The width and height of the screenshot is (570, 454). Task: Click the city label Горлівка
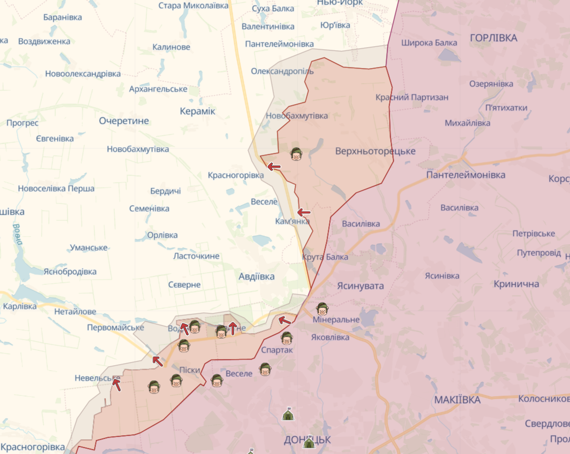tap(493, 38)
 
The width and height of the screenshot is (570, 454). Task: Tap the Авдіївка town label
tap(257, 276)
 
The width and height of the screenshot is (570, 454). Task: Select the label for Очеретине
tap(124, 121)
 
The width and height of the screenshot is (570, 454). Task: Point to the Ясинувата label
tap(360, 286)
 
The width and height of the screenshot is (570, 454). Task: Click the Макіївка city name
tap(457, 400)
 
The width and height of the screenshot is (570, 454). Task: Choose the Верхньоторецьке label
tap(375, 151)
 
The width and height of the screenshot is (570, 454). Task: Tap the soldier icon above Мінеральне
tap(321, 308)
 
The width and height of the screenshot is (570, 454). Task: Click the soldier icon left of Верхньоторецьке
tap(296, 154)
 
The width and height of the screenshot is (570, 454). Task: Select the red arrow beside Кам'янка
tap(304, 212)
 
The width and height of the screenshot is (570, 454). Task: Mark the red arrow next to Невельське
tap(116, 384)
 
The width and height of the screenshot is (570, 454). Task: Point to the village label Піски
tap(190, 370)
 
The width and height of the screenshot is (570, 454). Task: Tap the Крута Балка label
tap(325, 257)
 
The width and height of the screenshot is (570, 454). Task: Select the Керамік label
tap(198, 111)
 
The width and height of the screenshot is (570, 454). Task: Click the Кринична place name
tap(516, 284)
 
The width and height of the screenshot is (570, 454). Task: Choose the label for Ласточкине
tap(197, 256)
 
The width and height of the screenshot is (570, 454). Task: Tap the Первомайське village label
tap(115, 328)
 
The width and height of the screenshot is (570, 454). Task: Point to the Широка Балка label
tap(429, 43)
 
